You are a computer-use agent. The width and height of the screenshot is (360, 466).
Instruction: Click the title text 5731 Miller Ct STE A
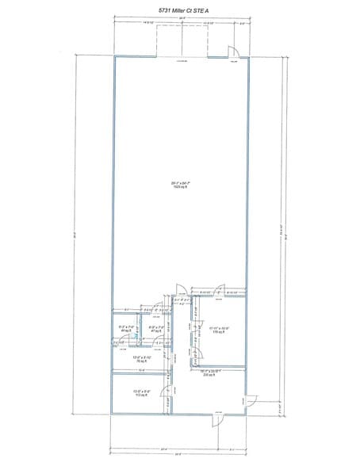181,9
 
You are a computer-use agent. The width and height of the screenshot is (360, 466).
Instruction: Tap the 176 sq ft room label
219,333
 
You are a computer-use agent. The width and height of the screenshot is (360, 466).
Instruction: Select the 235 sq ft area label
209,374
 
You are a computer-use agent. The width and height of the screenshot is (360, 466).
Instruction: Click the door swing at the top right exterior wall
234,53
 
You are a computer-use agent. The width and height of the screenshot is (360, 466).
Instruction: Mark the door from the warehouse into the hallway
180,290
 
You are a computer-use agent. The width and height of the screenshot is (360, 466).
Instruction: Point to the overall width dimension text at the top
182,17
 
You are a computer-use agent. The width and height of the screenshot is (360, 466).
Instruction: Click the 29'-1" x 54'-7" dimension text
180,183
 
